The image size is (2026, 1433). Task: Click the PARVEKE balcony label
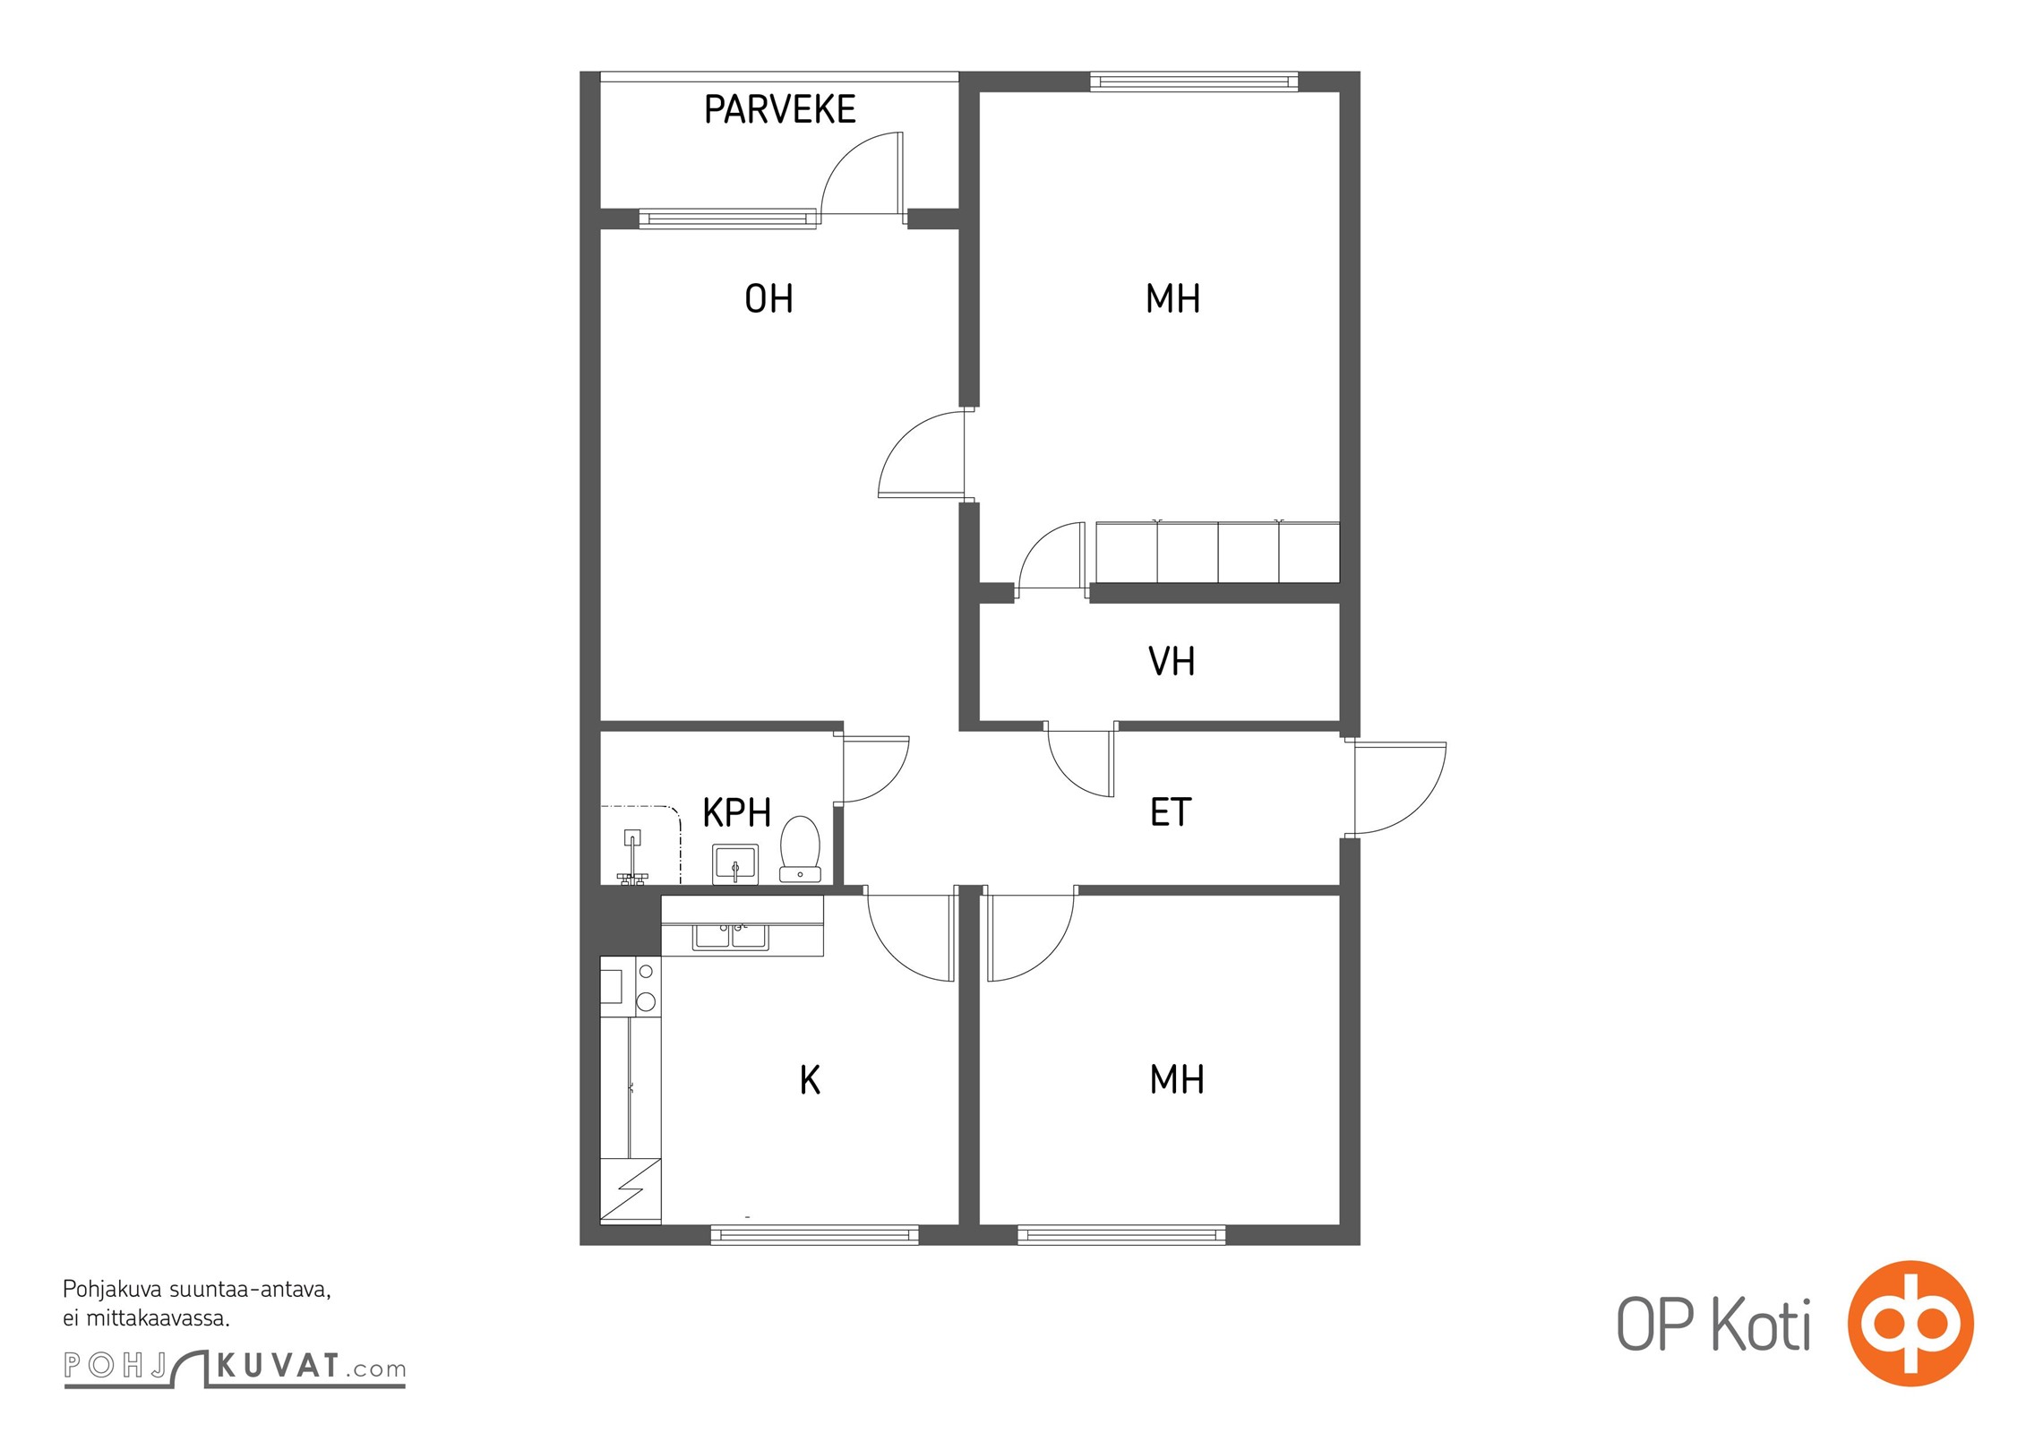click(779, 109)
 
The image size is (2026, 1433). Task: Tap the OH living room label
click(768, 298)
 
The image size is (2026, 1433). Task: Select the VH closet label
click(1171, 661)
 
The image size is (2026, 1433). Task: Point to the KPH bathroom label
click(736, 812)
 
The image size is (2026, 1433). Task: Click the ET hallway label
click(1170, 812)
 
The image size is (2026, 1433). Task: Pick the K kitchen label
click(810, 1080)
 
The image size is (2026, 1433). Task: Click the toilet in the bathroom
click(800, 849)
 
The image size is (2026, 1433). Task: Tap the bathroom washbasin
click(735, 863)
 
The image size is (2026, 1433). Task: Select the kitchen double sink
click(730, 935)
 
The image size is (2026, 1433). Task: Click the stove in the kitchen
click(631, 987)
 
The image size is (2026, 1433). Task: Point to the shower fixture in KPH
click(632, 858)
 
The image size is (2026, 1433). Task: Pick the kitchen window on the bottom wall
click(814, 1235)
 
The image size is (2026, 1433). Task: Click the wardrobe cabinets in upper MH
click(1217, 552)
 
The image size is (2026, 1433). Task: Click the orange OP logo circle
click(1910, 1323)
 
